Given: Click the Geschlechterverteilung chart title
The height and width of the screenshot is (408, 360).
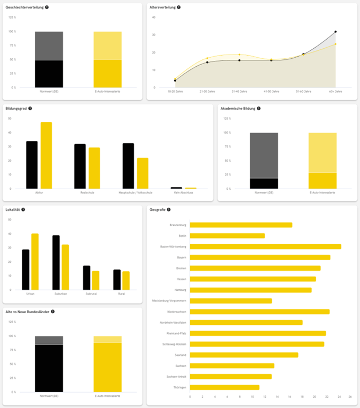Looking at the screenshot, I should [24, 7].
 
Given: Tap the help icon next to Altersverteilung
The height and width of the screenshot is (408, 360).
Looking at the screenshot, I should [178, 7].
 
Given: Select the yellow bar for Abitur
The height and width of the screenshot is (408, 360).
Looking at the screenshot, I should [46, 155].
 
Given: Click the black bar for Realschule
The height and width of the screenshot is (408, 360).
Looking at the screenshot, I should [80, 166].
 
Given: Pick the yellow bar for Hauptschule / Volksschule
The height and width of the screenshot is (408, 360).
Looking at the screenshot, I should [142, 173].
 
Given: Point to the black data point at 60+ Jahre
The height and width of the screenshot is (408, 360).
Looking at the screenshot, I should [335, 32].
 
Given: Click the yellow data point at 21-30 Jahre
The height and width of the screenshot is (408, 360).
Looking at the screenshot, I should [207, 58].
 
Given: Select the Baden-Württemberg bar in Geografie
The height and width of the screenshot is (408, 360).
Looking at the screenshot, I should [265, 246].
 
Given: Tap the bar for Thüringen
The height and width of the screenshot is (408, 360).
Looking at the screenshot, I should [224, 387].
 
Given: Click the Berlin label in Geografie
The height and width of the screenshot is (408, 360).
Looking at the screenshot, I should [182, 236].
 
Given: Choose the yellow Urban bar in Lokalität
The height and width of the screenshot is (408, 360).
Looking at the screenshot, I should [35, 262].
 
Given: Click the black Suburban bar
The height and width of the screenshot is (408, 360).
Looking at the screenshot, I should [56, 262].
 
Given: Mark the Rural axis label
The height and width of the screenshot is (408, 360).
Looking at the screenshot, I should [122, 294].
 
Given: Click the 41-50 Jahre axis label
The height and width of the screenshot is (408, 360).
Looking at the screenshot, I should [271, 91].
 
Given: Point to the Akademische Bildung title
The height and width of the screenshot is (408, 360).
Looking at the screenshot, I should [238, 108].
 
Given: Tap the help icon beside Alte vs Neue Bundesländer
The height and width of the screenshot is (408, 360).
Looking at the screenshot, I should [52, 312].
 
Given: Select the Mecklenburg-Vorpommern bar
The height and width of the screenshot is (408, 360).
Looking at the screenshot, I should [231, 301].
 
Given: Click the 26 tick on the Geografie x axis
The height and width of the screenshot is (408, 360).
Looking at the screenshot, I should [349, 396].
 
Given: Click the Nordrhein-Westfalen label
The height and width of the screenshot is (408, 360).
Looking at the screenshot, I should [173, 322].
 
